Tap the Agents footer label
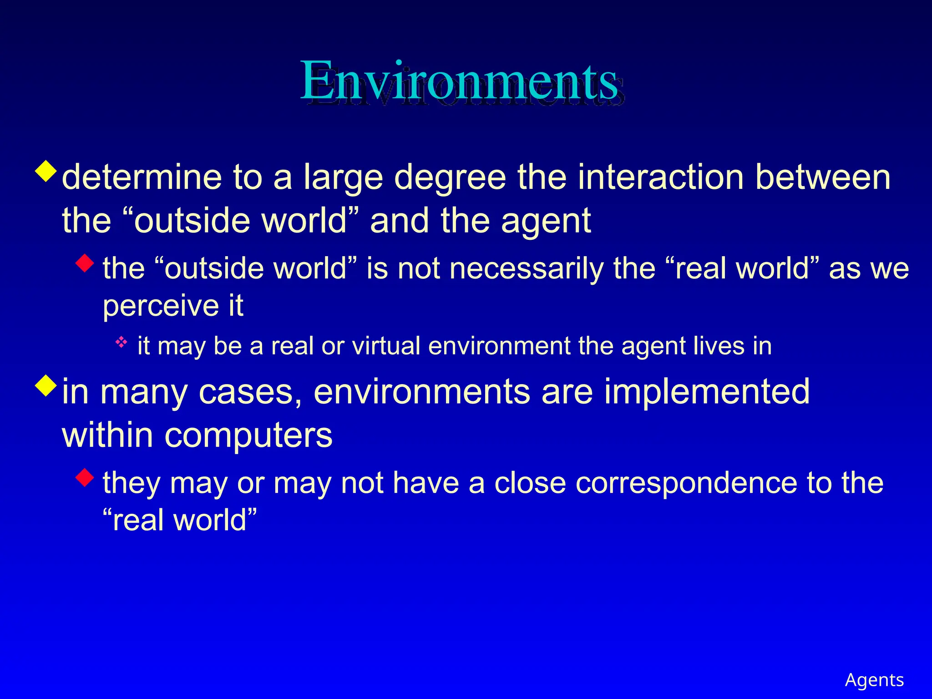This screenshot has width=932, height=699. coord(874,680)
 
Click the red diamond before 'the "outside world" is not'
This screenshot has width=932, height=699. coord(85,263)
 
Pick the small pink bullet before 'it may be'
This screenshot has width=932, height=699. coord(121,342)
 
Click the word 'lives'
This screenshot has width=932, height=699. coord(719,346)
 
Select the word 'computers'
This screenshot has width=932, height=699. coord(248,435)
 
